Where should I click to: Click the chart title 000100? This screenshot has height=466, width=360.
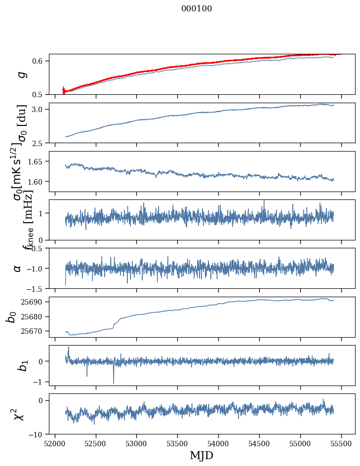coord(197,9)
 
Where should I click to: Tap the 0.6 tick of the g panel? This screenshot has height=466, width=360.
coord(39,61)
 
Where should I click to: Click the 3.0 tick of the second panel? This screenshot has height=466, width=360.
coord(39,109)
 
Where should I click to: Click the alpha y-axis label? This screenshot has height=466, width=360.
coord(17,268)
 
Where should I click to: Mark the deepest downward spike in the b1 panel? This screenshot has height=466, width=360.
coord(114,383)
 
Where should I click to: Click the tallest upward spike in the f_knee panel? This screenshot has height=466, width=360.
coord(264,201)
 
